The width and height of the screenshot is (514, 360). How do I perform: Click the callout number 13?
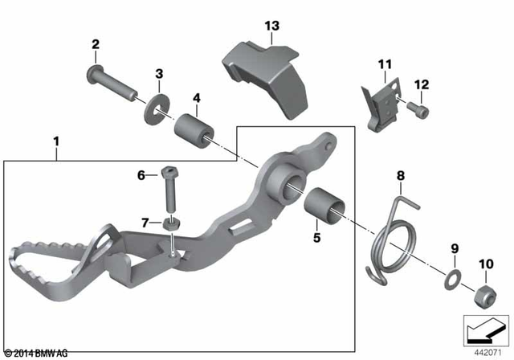(x=271, y=27)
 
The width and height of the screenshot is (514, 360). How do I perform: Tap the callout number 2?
(x=95, y=43)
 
